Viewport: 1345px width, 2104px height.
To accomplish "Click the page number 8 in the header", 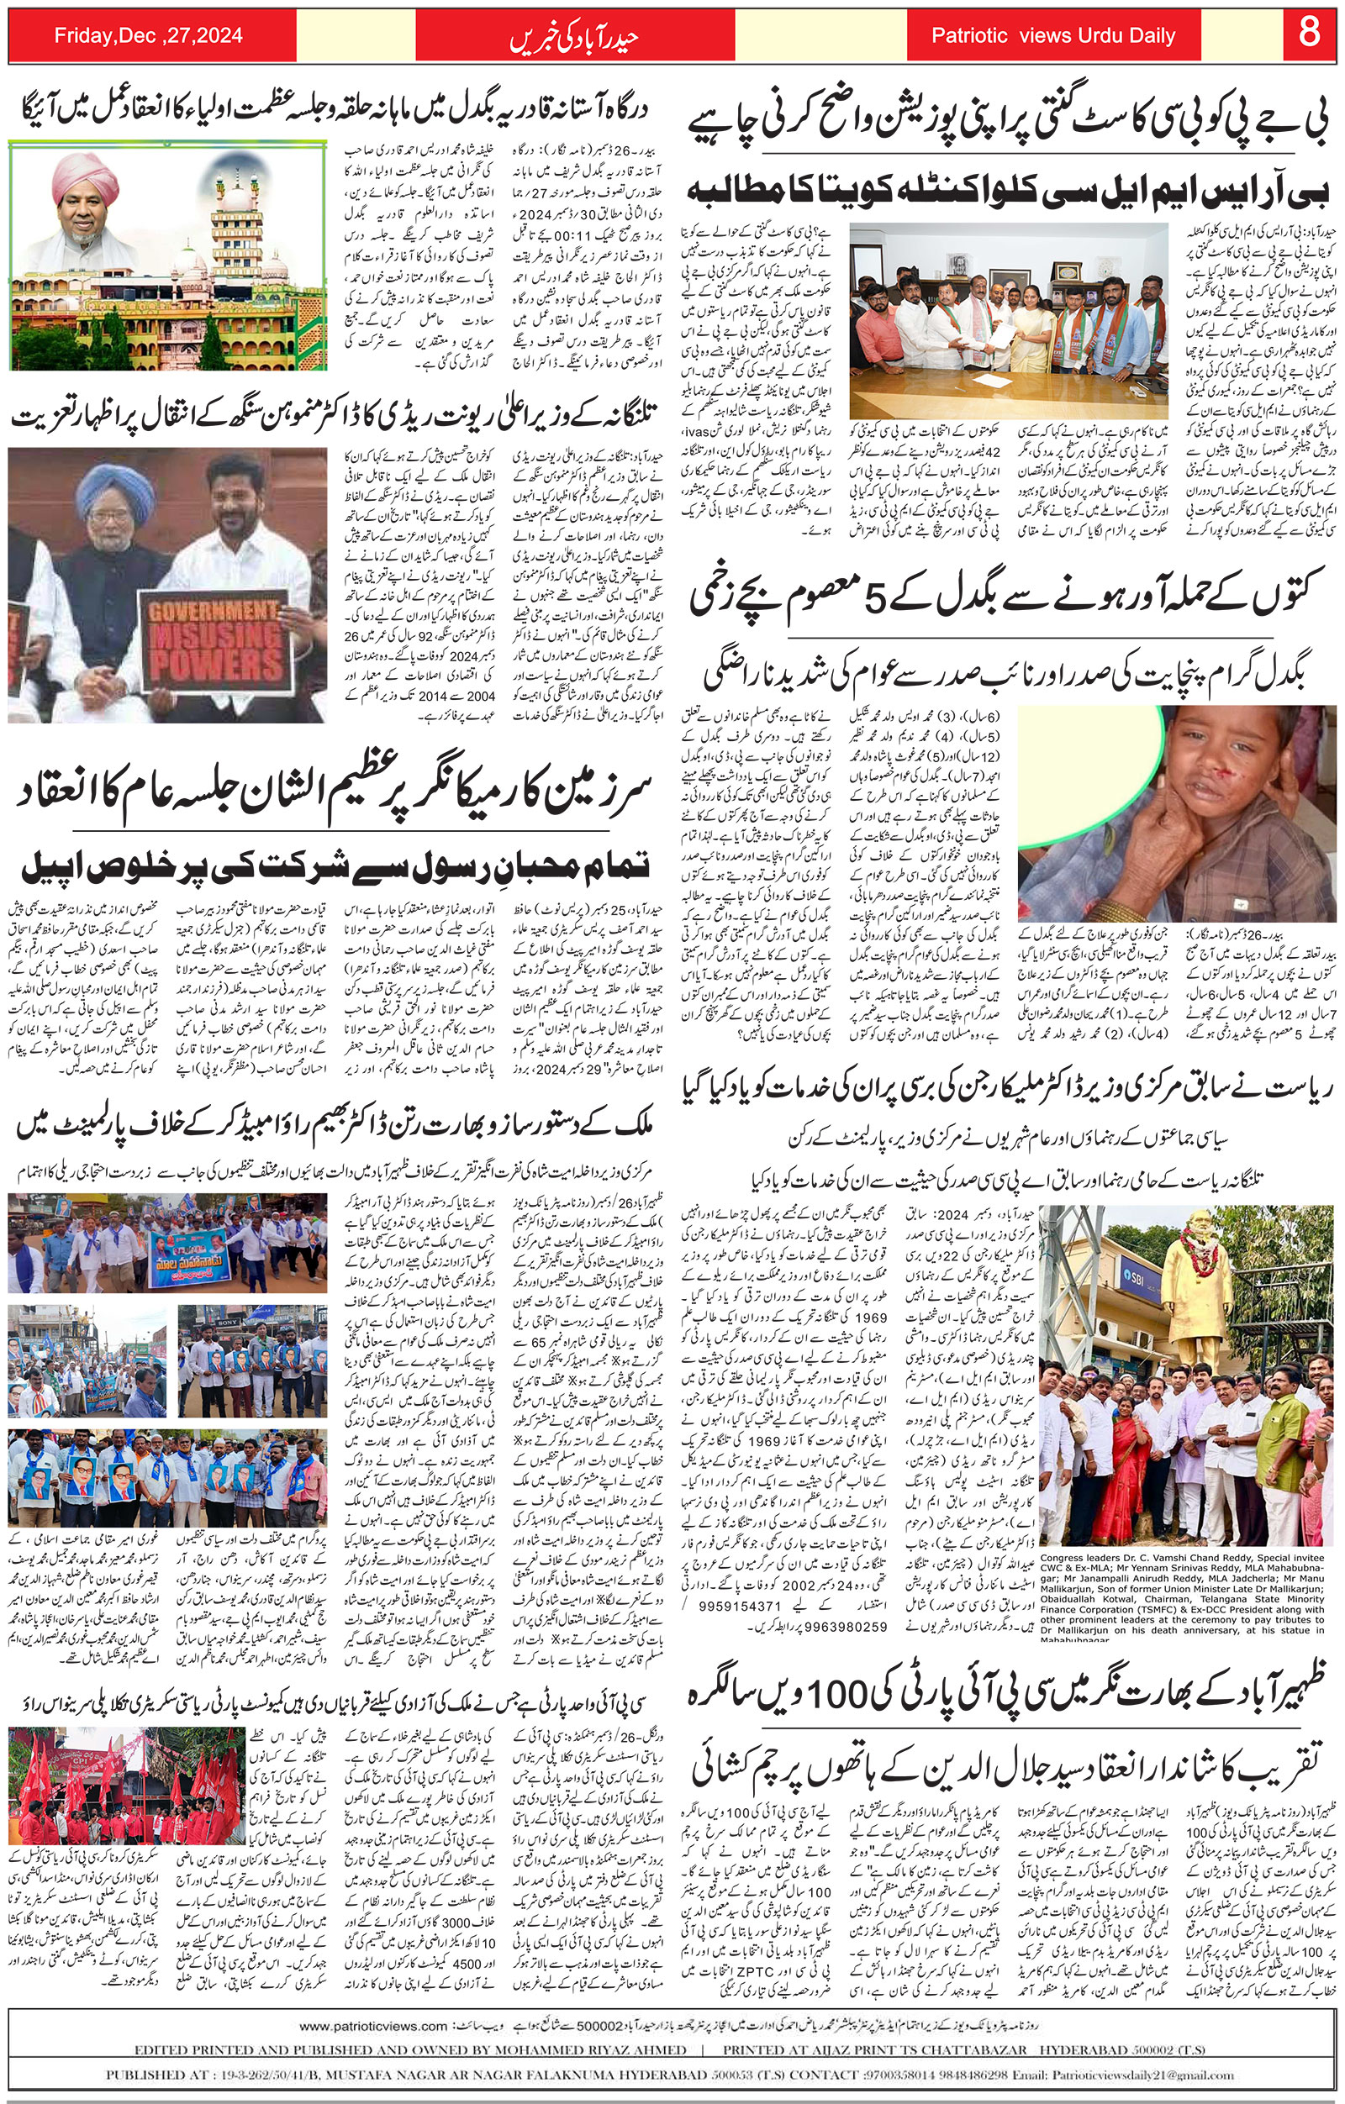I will tap(1308, 35).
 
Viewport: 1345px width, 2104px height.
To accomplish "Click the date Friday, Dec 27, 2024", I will tap(149, 36).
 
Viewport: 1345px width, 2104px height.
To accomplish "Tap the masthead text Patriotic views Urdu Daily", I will tap(1052, 36).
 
